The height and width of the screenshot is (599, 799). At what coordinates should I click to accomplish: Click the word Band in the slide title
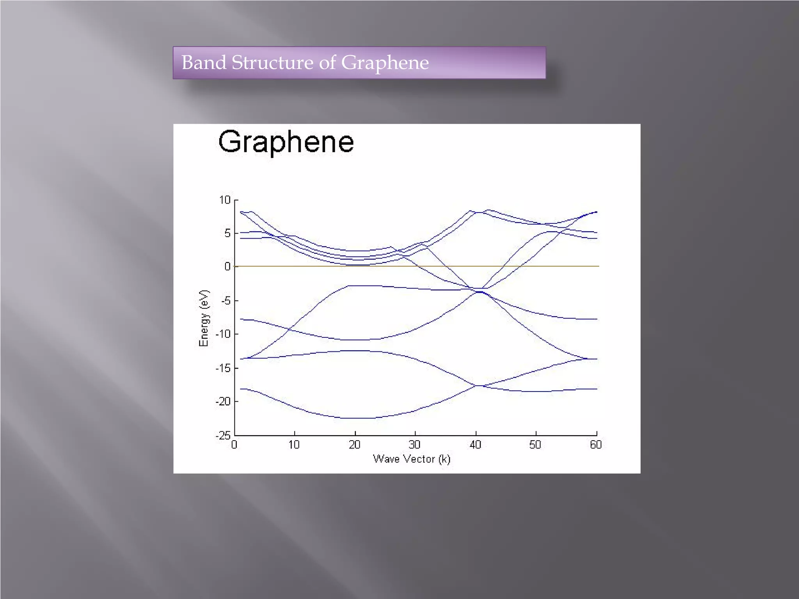[x=204, y=62]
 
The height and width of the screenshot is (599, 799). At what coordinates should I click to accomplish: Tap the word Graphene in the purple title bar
[x=385, y=63]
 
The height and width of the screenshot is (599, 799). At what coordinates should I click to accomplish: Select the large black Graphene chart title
[x=286, y=142]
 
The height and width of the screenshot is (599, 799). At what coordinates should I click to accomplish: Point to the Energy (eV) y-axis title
[x=204, y=318]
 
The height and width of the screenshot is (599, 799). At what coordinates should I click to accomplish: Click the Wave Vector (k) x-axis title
[x=412, y=459]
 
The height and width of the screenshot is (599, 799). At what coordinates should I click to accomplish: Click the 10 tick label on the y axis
[x=225, y=200]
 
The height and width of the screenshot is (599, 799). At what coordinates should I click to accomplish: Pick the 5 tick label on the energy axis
[x=227, y=233]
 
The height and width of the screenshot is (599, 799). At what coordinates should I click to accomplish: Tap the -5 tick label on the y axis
[x=225, y=301]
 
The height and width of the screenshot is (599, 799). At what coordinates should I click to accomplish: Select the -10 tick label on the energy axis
[x=223, y=334]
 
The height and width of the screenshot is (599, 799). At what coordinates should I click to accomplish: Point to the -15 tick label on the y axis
[x=223, y=368]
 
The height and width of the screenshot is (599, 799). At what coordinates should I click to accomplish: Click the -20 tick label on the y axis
[x=223, y=401]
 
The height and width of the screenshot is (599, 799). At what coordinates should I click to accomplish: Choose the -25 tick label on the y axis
[x=223, y=435]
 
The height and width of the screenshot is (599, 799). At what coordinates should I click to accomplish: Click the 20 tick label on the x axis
[x=355, y=445]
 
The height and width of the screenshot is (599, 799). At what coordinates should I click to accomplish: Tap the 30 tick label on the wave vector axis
[x=415, y=445]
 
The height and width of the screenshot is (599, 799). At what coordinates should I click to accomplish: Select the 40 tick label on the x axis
[x=475, y=445]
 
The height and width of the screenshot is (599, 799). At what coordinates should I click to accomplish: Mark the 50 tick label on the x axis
[x=535, y=445]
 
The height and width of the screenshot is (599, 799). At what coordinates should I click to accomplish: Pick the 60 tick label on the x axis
[x=596, y=445]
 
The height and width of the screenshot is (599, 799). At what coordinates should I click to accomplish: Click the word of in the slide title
[x=327, y=62]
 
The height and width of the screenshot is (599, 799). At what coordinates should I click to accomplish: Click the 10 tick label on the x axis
[x=294, y=445]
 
